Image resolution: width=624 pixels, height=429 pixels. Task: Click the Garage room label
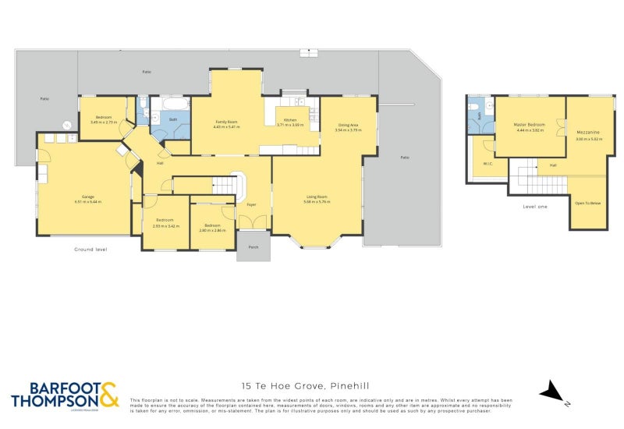click(83, 197)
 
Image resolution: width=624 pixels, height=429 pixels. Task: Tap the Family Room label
click(226, 122)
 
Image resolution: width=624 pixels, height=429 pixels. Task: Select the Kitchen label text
click(289, 119)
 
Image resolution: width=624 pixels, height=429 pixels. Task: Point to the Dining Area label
click(348, 125)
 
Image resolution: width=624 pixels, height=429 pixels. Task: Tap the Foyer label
click(252, 204)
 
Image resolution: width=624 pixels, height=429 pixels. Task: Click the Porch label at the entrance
click(253, 247)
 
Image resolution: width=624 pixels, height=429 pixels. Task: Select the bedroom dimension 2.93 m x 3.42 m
click(166, 225)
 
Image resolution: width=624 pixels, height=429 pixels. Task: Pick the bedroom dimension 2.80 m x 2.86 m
click(212, 230)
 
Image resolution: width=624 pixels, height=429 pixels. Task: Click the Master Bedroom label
click(529, 125)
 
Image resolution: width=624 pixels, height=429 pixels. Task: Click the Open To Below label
click(587, 202)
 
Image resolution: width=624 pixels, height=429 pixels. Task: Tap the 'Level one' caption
click(535, 206)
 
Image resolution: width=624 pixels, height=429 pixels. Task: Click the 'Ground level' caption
click(90, 249)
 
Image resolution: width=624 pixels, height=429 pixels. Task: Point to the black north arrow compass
click(552, 392)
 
